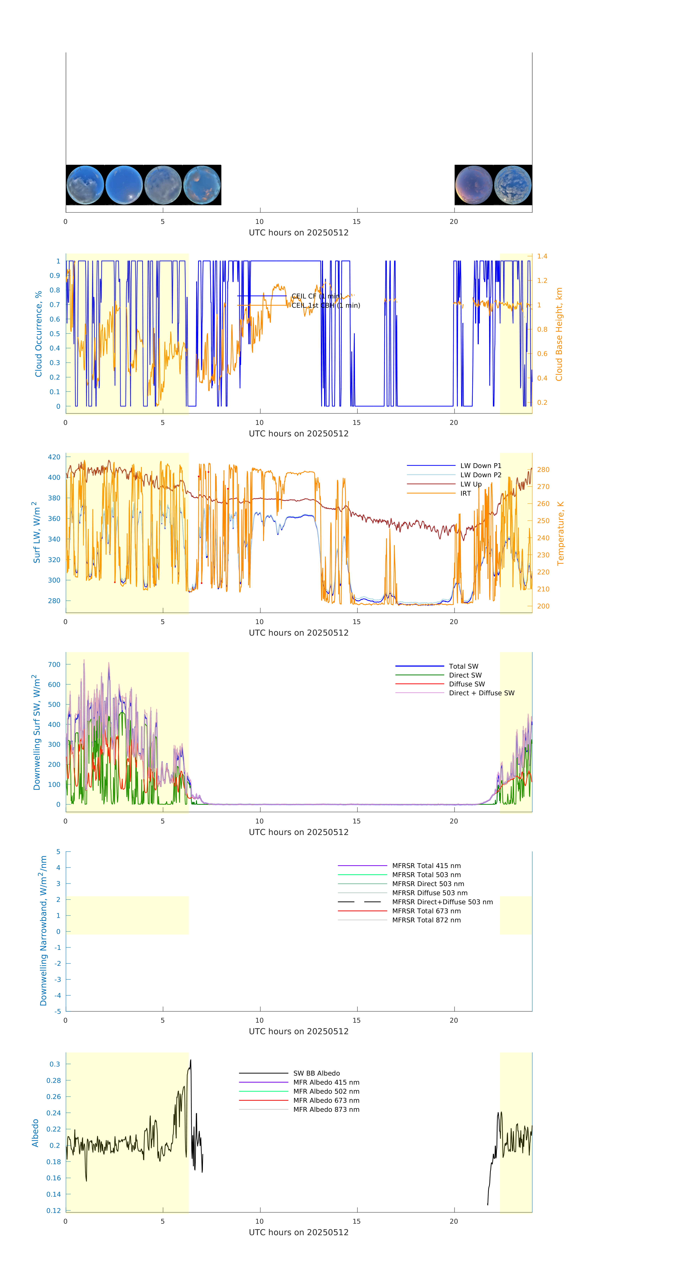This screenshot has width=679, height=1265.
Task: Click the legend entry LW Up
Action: (470, 484)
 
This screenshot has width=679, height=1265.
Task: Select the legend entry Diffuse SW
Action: (466, 684)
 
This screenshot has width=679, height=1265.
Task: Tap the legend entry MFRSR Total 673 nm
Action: (426, 911)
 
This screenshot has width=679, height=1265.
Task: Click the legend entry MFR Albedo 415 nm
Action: (326, 1082)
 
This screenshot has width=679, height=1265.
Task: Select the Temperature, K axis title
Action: (560, 533)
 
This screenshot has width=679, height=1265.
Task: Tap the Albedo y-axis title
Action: (35, 1133)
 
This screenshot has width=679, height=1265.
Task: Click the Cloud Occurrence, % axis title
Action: (38, 334)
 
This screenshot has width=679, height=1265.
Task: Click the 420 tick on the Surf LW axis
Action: (54, 457)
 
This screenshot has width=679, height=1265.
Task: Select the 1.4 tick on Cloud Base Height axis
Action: (542, 256)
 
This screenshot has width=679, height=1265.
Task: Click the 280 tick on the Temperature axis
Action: (543, 469)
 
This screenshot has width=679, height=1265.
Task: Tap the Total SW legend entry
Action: (463, 666)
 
